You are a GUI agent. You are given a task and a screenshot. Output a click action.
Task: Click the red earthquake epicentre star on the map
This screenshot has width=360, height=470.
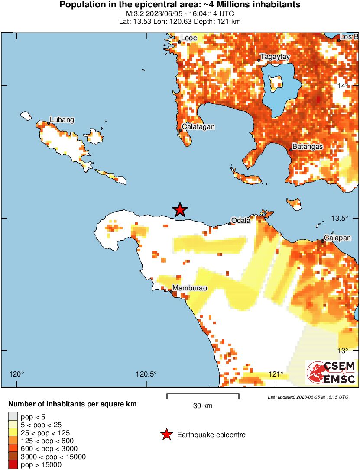(x=180, y=210)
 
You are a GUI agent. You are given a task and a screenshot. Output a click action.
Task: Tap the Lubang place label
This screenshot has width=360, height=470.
(x=62, y=119)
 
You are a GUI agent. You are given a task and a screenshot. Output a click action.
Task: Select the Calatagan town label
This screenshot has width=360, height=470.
(x=198, y=127)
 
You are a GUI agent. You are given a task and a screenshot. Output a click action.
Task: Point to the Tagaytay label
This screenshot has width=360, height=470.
(x=275, y=57)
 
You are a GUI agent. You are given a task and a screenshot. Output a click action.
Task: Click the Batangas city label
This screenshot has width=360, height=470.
(x=308, y=147)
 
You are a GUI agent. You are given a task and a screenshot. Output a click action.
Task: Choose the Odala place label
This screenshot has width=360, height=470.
(x=241, y=220)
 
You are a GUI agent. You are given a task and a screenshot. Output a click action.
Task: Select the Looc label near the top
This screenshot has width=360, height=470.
(x=189, y=38)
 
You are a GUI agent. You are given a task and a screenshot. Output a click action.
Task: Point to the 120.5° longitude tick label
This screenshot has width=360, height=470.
(x=146, y=374)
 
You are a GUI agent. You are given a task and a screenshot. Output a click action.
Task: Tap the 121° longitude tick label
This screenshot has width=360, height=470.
(x=276, y=374)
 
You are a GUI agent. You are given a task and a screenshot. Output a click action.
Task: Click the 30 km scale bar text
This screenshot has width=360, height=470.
(x=203, y=406)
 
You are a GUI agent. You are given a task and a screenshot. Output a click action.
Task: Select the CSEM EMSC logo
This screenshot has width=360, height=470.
(x=331, y=373)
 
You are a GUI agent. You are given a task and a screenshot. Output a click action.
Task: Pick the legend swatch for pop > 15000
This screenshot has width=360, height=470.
(x=13, y=465)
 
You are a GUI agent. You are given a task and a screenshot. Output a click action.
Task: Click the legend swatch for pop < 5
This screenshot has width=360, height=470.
(x=13, y=417)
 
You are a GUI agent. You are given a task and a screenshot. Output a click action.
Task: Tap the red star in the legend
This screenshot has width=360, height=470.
(x=166, y=435)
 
